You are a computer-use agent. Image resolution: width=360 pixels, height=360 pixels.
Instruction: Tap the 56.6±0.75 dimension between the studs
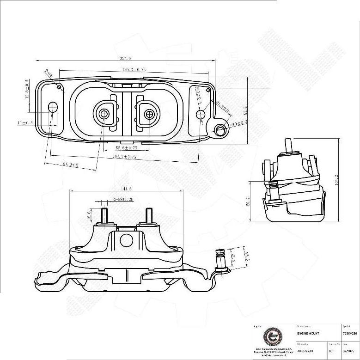(126, 148)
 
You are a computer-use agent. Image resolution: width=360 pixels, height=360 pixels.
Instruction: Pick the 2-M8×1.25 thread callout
(117, 200)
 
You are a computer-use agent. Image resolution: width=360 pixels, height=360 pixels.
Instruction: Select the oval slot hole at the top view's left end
(53, 107)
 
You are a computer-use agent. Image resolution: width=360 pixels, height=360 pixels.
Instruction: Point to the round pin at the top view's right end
(221, 130)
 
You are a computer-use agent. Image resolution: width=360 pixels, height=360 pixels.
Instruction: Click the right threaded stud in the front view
(149, 215)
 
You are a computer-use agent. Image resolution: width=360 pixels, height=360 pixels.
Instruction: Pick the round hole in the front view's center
(126, 240)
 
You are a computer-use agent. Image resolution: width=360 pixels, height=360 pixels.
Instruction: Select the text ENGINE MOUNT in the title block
(308, 333)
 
